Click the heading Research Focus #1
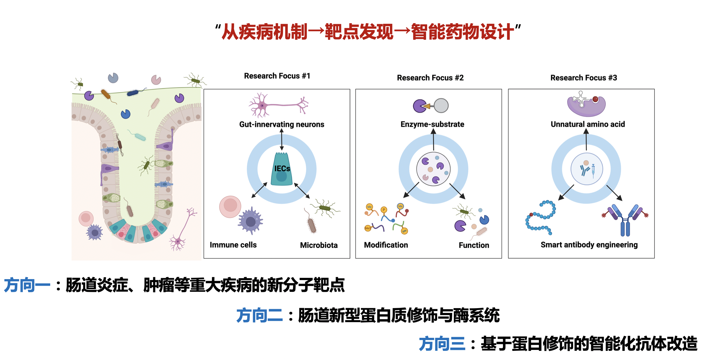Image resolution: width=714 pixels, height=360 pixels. (x=277, y=76)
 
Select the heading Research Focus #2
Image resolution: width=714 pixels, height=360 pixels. (x=430, y=78)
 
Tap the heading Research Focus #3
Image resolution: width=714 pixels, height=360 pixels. (x=584, y=78)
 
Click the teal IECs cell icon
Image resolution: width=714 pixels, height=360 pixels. (x=282, y=169)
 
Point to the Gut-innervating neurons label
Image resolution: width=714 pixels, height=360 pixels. (x=282, y=124)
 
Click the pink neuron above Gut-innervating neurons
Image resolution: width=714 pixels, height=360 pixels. (x=279, y=105)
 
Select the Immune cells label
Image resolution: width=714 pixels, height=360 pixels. (x=233, y=245)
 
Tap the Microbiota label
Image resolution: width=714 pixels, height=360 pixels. (x=319, y=245)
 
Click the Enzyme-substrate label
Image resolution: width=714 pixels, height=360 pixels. (x=432, y=124)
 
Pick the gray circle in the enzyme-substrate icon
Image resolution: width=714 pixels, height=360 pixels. (x=441, y=106)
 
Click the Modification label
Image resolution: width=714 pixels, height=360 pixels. (x=386, y=245)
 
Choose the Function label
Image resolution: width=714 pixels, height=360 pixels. (x=474, y=245)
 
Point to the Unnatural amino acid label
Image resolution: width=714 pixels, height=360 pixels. (x=588, y=124)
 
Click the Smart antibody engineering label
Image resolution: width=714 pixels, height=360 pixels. (x=589, y=245)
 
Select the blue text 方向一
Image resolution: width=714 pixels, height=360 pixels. (x=27, y=285)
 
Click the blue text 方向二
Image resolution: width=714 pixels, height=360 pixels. (x=260, y=315)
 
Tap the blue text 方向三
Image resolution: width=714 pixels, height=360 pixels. (x=442, y=344)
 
